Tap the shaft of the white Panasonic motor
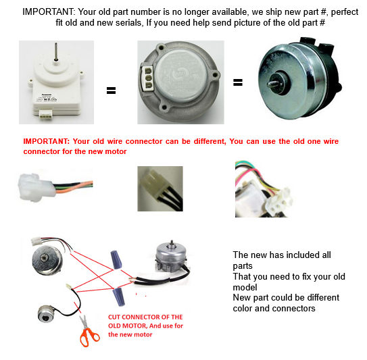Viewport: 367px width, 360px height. (55, 51)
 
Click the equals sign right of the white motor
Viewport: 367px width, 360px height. (111, 91)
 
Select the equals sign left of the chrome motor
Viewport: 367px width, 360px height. (238, 82)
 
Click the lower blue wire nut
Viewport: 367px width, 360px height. (118, 297)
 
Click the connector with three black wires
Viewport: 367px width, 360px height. (161, 189)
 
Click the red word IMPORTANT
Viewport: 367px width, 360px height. (46, 141)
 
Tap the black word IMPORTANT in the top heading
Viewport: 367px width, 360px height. (49, 11)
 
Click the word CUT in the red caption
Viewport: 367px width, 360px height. (114, 317)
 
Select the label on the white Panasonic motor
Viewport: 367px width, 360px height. (47, 97)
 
